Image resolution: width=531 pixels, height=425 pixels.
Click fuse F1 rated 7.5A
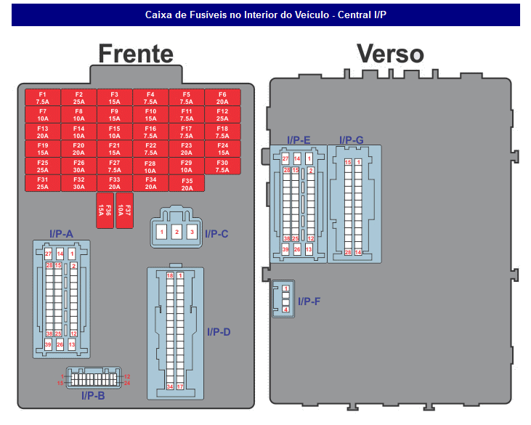click(43, 98)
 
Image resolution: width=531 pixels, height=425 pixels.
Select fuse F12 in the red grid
click(222, 115)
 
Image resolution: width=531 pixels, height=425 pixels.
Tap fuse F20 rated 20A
click(78, 149)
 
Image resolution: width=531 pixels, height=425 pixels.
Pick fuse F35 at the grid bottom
click(187, 183)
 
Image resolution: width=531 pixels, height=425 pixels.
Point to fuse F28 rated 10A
click(150, 166)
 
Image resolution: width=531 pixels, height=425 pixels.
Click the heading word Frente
click(136, 54)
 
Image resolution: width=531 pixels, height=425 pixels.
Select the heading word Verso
click(389, 54)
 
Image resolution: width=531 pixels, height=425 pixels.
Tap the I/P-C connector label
click(216, 233)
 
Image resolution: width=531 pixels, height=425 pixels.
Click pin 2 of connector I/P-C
click(176, 232)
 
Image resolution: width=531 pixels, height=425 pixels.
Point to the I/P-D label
click(218, 332)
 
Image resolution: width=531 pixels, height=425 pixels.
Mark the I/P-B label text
click(92, 396)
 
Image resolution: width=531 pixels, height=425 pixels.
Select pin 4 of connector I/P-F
click(286, 310)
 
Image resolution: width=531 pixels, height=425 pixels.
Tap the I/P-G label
click(352, 139)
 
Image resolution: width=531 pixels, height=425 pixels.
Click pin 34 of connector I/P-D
click(170, 386)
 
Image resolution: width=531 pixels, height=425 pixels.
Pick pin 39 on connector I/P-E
click(285, 249)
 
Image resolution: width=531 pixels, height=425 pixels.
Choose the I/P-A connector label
click(61, 233)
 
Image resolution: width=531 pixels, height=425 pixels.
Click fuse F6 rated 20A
click(222, 98)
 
